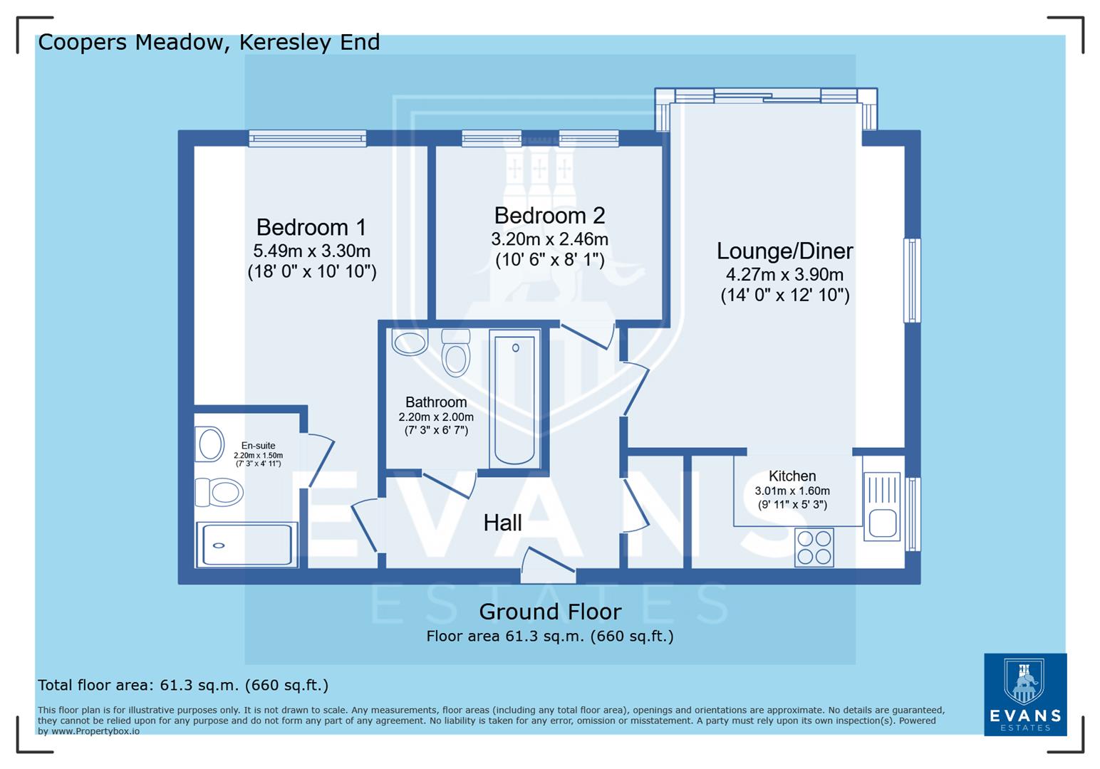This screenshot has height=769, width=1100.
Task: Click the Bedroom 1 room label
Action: click(311, 227)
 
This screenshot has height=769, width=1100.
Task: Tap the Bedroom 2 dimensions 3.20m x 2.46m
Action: click(549, 239)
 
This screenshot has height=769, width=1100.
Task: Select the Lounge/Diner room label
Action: click(784, 251)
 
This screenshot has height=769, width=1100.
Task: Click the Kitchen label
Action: click(792, 476)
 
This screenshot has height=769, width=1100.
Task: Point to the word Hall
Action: click(502, 523)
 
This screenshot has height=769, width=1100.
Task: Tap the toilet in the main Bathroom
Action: click(455, 352)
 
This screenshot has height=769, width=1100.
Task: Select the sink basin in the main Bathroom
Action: click(409, 342)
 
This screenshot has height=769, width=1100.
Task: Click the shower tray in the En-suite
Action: click(246, 545)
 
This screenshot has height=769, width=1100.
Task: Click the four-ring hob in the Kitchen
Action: click(814, 548)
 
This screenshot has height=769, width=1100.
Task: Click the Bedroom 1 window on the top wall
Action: click(307, 138)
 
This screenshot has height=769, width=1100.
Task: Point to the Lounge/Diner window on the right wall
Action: click(912, 281)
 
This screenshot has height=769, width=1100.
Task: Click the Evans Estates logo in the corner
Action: click(1024, 694)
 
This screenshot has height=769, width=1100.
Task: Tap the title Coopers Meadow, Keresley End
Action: click(209, 43)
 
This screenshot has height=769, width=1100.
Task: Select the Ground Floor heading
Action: click(549, 612)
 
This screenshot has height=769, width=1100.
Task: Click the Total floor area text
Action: click(183, 685)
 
